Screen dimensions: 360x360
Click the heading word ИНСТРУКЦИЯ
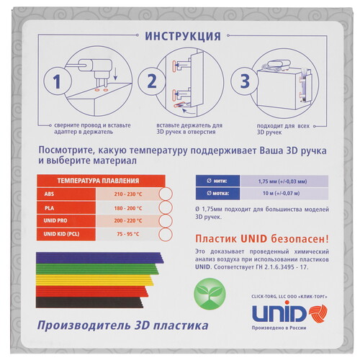click(183, 37)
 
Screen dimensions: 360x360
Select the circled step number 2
click(152, 81)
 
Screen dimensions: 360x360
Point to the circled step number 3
click(245, 81)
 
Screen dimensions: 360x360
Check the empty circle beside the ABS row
click(164, 194)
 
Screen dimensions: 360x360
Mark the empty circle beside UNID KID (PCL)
click(164, 234)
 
